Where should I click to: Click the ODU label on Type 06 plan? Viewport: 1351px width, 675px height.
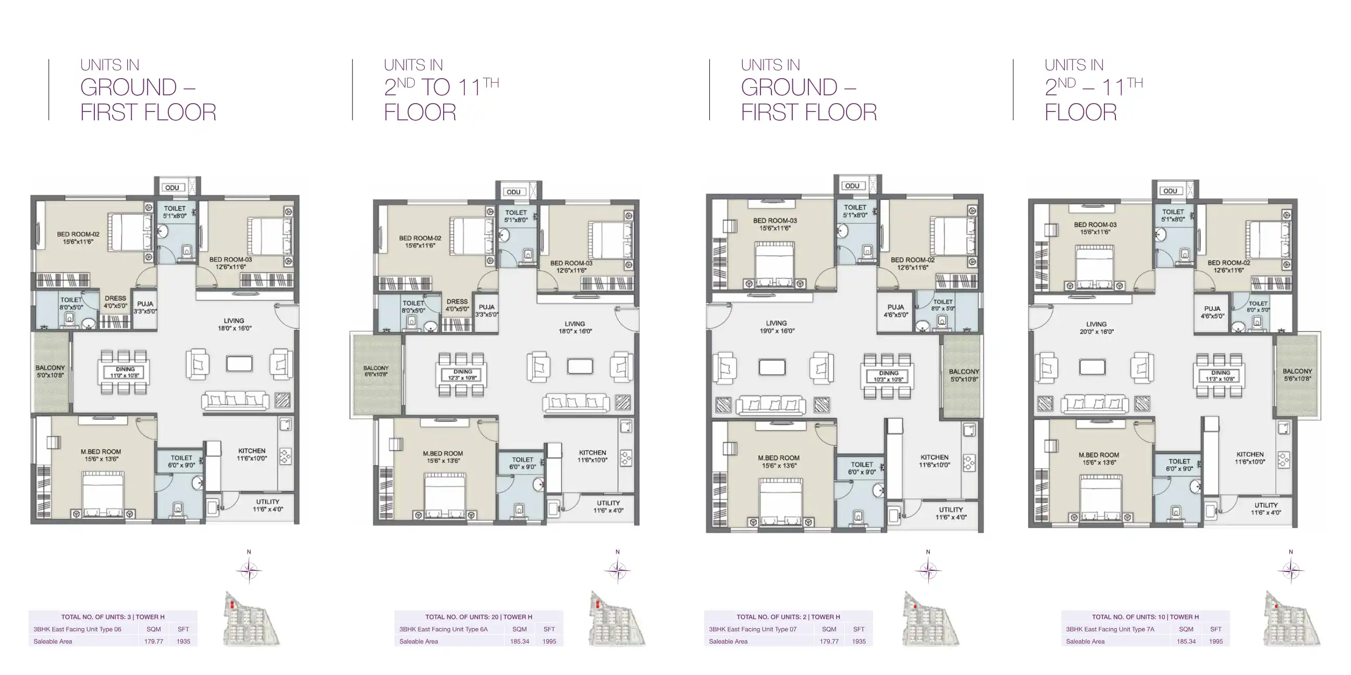pos(172,187)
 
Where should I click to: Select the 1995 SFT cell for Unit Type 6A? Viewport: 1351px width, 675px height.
pos(549,642)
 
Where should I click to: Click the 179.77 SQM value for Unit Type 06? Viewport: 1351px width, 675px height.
pos(154,642)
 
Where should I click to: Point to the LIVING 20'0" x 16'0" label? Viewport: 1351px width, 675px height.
pos(1096,328)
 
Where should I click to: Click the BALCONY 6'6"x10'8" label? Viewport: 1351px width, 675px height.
pos(376,371)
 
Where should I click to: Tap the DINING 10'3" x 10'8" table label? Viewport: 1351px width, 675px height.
pos(889,376)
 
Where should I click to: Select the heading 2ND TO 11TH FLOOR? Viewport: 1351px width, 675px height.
pos(440,99)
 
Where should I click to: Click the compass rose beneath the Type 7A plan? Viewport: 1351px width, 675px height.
pos(1291,571)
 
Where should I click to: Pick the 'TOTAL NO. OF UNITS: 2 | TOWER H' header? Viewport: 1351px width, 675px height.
pos(788,617)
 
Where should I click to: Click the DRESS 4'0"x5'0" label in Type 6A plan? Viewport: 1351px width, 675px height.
pos(457,305)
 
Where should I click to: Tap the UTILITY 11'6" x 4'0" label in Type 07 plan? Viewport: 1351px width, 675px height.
pos(951,513)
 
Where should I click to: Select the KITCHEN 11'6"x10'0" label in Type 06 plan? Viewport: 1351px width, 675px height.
pos(252,454)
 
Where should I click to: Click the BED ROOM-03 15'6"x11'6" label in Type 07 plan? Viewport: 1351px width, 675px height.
pos(775,224)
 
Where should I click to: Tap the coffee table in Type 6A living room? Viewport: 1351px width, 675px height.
pos(580,366)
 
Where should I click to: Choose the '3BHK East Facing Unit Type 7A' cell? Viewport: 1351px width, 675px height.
pos(1110,629)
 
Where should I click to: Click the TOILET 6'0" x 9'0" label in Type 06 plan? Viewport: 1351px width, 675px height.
pos(181,461)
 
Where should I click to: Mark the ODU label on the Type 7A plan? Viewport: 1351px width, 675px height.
pos(1170,191)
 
